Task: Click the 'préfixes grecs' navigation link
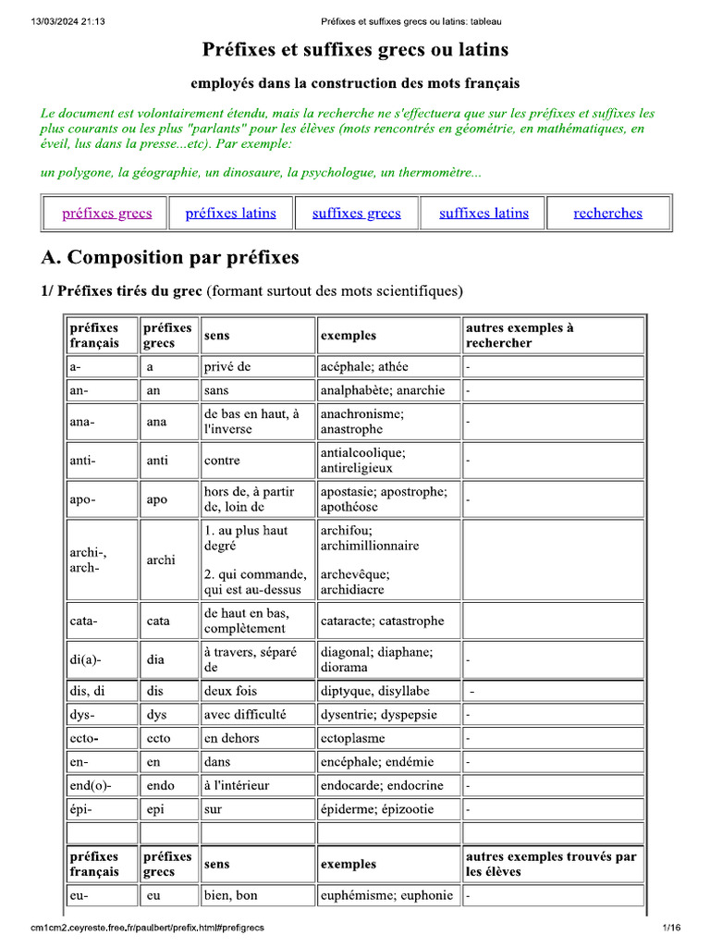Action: [106, 213]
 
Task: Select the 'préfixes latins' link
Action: [230, 213]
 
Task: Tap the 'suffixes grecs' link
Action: [356, 213]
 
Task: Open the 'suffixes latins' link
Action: [484, 213]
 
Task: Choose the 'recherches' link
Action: [607, 213]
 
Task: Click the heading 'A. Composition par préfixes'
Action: [170, 257]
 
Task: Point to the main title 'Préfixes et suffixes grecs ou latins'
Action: [355, 50]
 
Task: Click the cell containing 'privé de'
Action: [227, 366]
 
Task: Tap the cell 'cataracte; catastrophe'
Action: [382, 621]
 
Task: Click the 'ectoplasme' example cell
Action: [353, 738]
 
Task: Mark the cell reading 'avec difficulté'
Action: [245, 714]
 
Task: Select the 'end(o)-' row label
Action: [90, 785]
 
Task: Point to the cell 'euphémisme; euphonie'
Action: [386, 895]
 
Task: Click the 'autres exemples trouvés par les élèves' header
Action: [551, 864]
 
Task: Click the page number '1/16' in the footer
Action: [671, 928]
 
